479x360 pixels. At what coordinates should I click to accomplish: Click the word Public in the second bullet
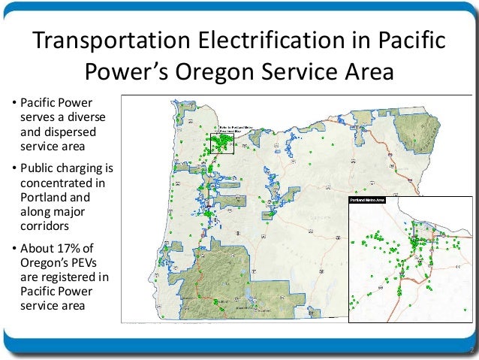[36, 167]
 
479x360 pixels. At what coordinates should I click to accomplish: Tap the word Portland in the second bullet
[43, 198]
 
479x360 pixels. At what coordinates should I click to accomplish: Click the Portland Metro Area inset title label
[366, 201]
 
